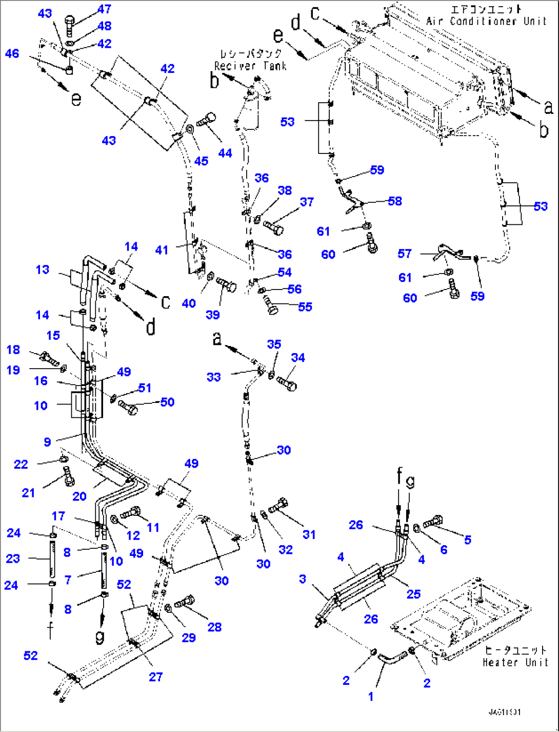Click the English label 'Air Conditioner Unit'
(486, 21)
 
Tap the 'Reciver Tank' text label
(250, 66)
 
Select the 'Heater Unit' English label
(515, 662)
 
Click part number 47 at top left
(104, 9)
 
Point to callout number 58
(395, 201)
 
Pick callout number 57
(405, 254)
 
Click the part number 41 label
(162, 250)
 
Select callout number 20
(79, 496)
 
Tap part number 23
(13, 558)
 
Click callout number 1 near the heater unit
(371, 697)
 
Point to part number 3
(303, 579)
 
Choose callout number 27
(156, 677)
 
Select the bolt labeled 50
(128, 409)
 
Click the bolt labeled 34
(286, 383)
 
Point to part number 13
(43, 269)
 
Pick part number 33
(213, 377)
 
